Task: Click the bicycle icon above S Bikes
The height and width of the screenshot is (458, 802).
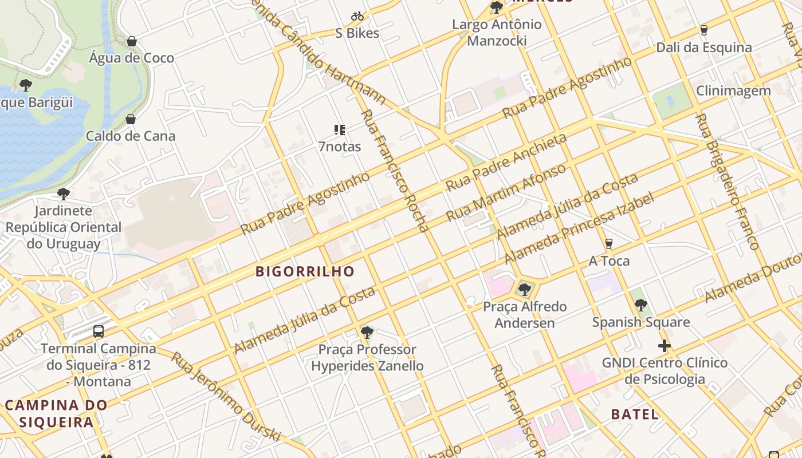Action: pyautogui.click(x=357, y=16)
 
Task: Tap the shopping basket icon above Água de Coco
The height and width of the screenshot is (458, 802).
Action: pyautogui.click(x=132, y=41)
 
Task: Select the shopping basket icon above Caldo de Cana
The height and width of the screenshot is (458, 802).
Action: pyautogui.click(x=131, y=119)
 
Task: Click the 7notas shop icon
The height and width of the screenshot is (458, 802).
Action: pyautogui.click(x=340, y=130)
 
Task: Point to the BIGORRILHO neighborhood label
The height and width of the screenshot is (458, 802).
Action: pyautogui.click(x=305, y=271)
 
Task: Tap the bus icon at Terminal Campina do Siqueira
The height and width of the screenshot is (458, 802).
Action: pyautogui.click(x=99, y=331)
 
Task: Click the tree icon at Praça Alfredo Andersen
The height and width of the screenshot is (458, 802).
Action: pyautogui.click(x=524, y=289)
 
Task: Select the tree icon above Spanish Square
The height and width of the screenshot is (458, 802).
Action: pyautogui.click(x=641, y=305)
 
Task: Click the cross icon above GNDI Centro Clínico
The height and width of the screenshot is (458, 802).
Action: pyautogui.click(x=665, y=346)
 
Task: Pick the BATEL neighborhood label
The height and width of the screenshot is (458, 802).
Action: pyautogui.click(x=635, y=414)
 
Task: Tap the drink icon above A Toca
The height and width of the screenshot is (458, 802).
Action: pyautogui.click(x=609, y=244)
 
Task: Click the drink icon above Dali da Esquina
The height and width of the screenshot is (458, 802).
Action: pyautogui.click(x=704, y=30)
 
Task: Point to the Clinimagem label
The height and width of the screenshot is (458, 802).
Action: pyautogui.click(x=733, y=90)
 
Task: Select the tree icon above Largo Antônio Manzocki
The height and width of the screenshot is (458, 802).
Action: pyautogui.click(x=496, y=7)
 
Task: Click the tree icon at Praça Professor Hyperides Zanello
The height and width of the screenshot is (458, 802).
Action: pyautogui.click(x=367, y=332)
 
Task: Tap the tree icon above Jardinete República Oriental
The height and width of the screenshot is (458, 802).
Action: pyautogui.click(x=64, y=194)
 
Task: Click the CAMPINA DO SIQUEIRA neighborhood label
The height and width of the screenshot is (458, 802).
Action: pyautogui.click(x=56, y=414)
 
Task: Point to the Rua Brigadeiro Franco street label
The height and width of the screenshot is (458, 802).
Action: pyautogui.click(x=726, y=181)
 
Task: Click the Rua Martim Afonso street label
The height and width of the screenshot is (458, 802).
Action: pyautogui.click(x=506, y=193)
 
